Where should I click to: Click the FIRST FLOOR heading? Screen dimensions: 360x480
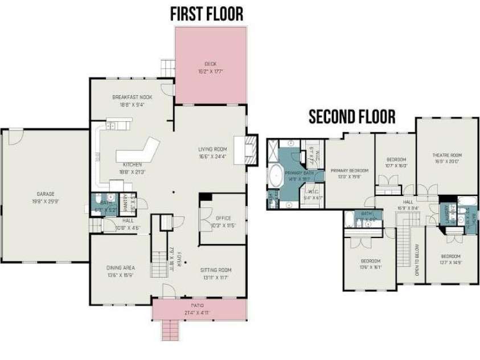click(x=207, y=14)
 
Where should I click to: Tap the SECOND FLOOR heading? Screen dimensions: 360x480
click(x=352, y=117)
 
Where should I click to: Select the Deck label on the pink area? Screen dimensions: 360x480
click(x=211, y=67)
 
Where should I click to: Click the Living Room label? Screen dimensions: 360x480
click(x=212, y=152)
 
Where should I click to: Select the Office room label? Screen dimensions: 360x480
click(x=223, y=221)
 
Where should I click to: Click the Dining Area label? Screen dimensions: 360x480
click(x=120, y=271)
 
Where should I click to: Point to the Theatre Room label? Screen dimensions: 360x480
click(x=447, y=158)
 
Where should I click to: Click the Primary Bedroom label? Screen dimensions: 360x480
click(x=350, y=173)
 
